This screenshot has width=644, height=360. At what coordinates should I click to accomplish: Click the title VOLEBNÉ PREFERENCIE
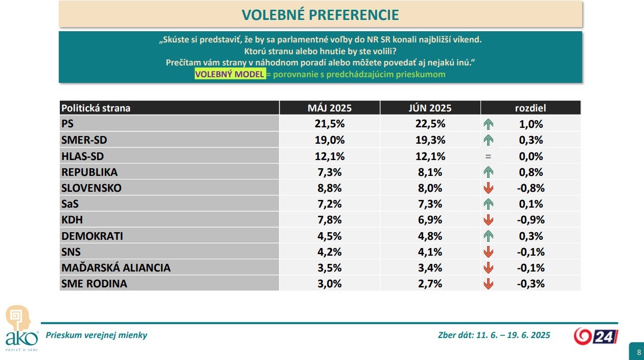[x=320, y=14]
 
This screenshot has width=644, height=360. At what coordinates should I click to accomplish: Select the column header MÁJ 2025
[x=329, y=108]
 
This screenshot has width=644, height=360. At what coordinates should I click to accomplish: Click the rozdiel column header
[x=530, y=108]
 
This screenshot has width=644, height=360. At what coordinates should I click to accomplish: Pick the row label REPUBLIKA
[x=89, y=172]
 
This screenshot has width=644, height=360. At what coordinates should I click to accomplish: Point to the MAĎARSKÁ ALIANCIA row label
[x=116, y=267]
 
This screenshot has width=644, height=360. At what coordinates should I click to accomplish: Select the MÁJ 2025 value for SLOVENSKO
[x=329, y=188]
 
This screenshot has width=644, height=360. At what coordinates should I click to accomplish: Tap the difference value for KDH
[x=530, y=220]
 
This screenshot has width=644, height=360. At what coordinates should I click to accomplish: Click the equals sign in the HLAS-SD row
[x=488, y=156]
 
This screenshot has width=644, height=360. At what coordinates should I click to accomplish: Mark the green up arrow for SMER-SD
[x=488, y=140]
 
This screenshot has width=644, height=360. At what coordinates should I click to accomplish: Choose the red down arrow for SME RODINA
[x=488, y=284]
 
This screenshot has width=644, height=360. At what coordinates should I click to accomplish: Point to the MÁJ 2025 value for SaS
[x=329, y=204]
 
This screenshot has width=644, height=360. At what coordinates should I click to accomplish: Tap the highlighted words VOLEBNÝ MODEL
[x=230, y=74]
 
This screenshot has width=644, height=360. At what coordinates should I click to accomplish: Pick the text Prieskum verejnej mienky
[x=97, y=335]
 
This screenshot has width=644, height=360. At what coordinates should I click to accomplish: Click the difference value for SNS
[x=530, y=252]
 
